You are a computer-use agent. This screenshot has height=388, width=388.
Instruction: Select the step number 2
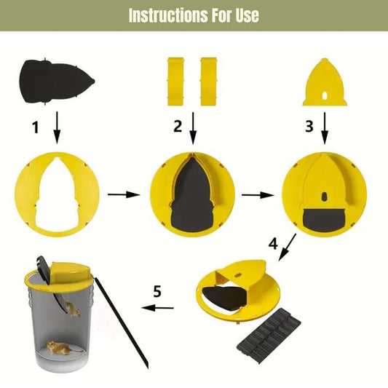[176, 127]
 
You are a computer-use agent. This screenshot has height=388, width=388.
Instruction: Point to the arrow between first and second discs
[122, 195]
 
